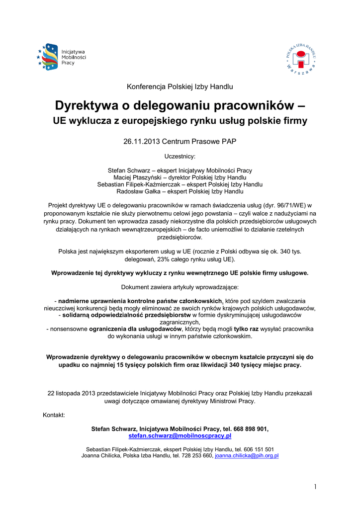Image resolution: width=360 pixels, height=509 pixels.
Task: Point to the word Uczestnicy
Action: tap(180, 157)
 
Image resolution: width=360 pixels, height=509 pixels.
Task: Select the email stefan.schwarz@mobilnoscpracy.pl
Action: tap(180, 436)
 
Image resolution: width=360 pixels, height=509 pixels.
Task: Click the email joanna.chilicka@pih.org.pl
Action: tap(247, 455)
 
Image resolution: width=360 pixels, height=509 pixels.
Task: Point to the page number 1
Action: tap(315, 487)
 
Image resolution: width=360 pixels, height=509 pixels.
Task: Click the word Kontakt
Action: tap(54, 415)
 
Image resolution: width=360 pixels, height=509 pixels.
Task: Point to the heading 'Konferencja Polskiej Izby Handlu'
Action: tap(180, 87)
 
